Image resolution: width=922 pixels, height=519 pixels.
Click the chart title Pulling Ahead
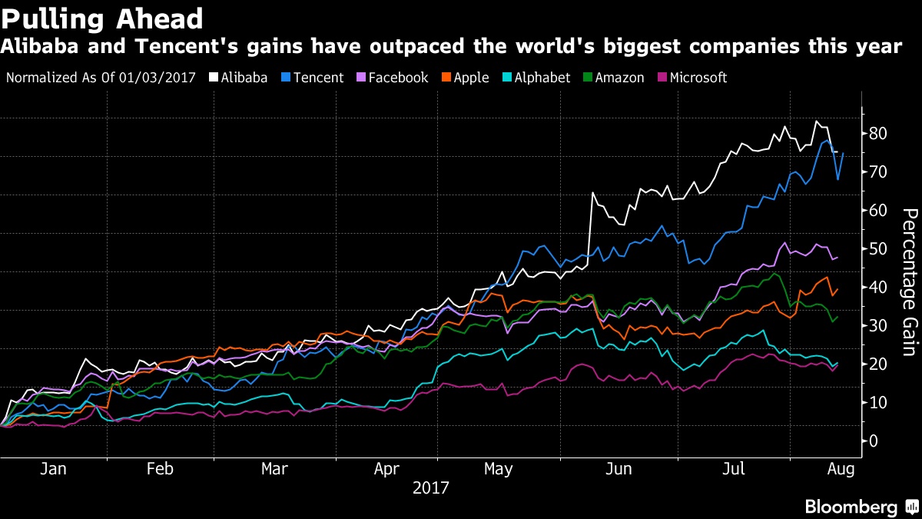click(x=102, y=18)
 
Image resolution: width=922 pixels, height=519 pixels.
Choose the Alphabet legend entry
click(x=537, y=78)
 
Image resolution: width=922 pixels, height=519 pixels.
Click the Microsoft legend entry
click(x=691, y=78)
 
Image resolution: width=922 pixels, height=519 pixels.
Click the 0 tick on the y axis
click(x=873, y=441)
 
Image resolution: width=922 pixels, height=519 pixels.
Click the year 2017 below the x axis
click(x=430, y=487)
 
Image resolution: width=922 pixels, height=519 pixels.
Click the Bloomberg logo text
click(x=851, y=507)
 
